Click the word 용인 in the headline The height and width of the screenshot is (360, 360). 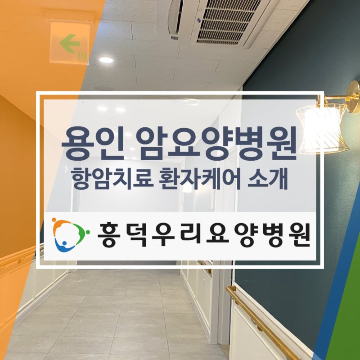(91, 143)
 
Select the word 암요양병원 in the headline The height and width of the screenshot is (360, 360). (216, 143)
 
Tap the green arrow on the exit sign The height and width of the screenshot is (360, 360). (70, 43)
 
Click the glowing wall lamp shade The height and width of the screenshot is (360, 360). (323, 128)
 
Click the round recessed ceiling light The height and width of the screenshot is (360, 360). (106, 60)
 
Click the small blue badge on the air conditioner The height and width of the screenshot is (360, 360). (198, 21)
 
